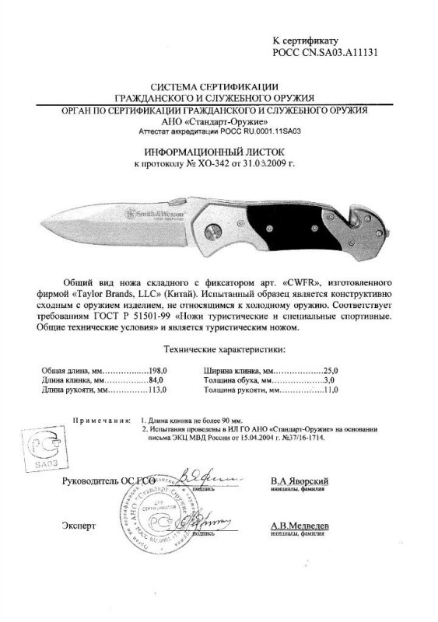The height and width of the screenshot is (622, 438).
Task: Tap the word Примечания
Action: (100, 420)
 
